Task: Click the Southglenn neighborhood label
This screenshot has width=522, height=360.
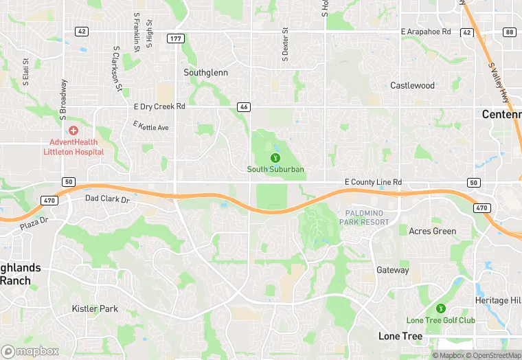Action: point(205,72)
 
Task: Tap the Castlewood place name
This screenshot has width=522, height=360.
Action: point(412,86)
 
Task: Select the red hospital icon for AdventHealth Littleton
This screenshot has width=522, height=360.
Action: point(73,131)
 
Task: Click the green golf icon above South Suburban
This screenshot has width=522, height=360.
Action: point(275,158)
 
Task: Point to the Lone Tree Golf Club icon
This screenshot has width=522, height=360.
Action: point(440,308)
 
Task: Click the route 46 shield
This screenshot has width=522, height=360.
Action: point(243,107)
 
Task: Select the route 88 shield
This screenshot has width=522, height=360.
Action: point(509,32)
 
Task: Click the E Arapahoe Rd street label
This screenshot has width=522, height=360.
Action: point(426,32)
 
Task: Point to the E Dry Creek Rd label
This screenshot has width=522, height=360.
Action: point(159,106)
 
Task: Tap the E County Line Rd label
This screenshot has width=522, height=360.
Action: point(373,182)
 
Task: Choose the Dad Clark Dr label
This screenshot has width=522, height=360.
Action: point(106,199)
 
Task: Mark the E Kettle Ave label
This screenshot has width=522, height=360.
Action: point(150,126)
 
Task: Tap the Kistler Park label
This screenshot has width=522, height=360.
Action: point(95,308)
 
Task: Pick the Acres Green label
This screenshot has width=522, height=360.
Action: point(432,231)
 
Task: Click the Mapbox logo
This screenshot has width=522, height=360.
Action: point(30,350)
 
